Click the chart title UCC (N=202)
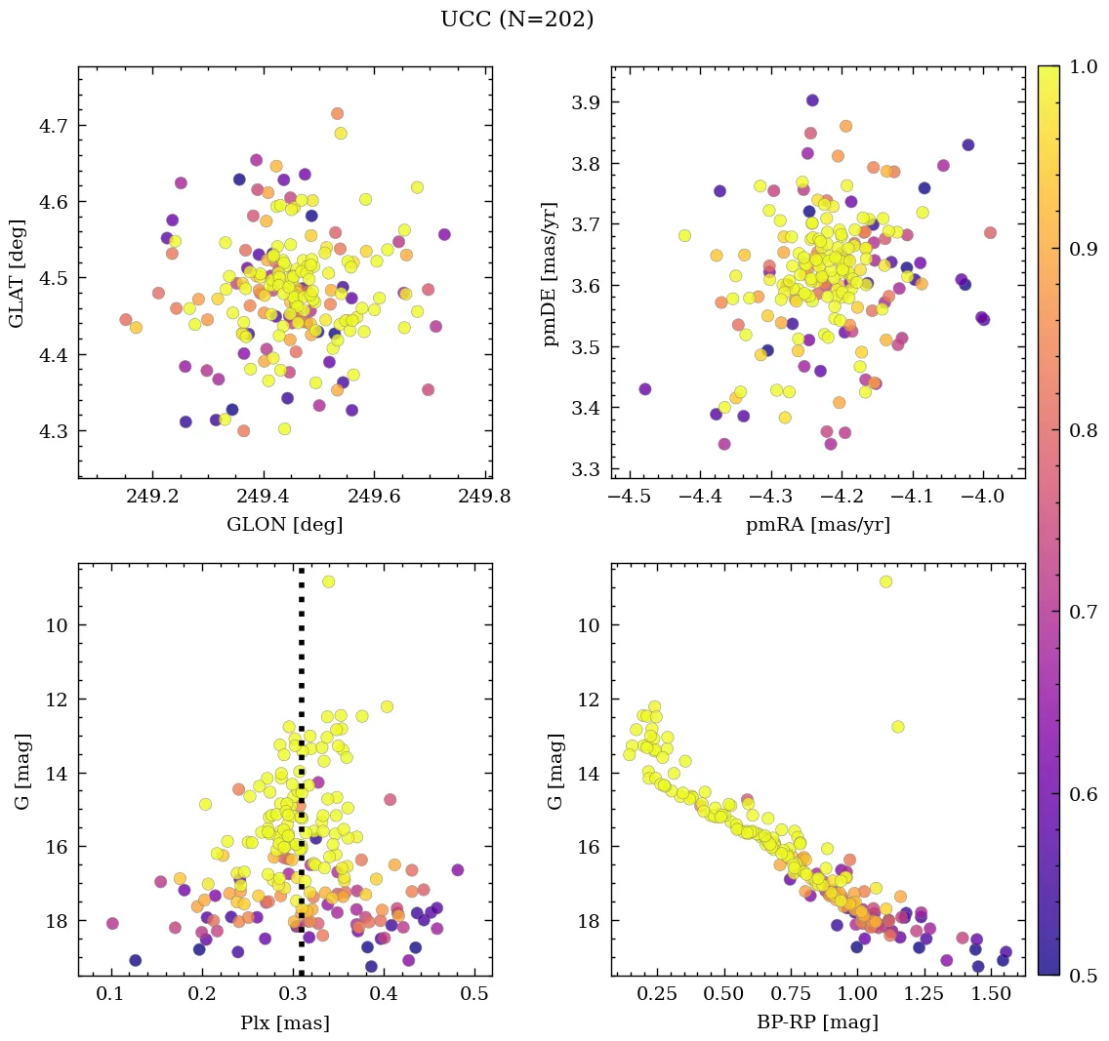(516, 20)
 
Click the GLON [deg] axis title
(284, 525)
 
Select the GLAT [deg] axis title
(17, 272)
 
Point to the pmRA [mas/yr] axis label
(818, 525)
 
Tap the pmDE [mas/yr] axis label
(552, 272)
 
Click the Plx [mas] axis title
(284, 1022)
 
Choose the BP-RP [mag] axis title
(818, 1022)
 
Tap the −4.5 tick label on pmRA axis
(628, 497)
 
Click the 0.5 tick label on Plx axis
(475, 994)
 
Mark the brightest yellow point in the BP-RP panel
(885, 581)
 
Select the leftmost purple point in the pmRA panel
(645, 389)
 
